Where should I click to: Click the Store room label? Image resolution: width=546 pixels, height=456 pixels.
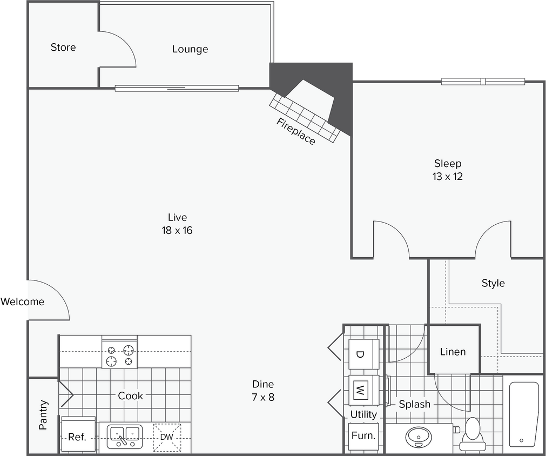pyautogui.click(x=63, y=48)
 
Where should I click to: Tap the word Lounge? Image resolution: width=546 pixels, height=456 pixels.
pyautogui.click(x=190, y=49)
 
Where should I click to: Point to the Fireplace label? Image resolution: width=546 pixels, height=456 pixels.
pyautogui.click(x=295, y=131)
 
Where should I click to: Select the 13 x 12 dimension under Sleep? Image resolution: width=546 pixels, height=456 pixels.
pyautogui.click(x=448, y=177)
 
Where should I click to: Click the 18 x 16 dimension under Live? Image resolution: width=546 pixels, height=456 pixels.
pyautogui.click(x=177, y=231)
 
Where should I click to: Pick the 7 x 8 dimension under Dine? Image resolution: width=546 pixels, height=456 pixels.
pyautogui.click(x=263, y=398)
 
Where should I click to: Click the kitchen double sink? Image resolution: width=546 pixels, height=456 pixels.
pyautogui.click(x=124, y=435)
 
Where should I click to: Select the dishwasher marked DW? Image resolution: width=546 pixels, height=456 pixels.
pyautogui.click(x=167, y=437)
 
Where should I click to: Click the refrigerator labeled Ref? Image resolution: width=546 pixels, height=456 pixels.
pyautogui.click(x=78, y=435)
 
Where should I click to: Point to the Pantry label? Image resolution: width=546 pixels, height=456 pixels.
pyautogui.click(x=44, y=415)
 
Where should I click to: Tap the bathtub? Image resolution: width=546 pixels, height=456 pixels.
pyautogui.click(x=523, y=413)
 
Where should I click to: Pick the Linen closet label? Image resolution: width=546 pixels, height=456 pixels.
pyautogui.click(x=453, y=352)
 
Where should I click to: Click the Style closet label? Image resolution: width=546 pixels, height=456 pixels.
pyautogui.click(x=493, y=283)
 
